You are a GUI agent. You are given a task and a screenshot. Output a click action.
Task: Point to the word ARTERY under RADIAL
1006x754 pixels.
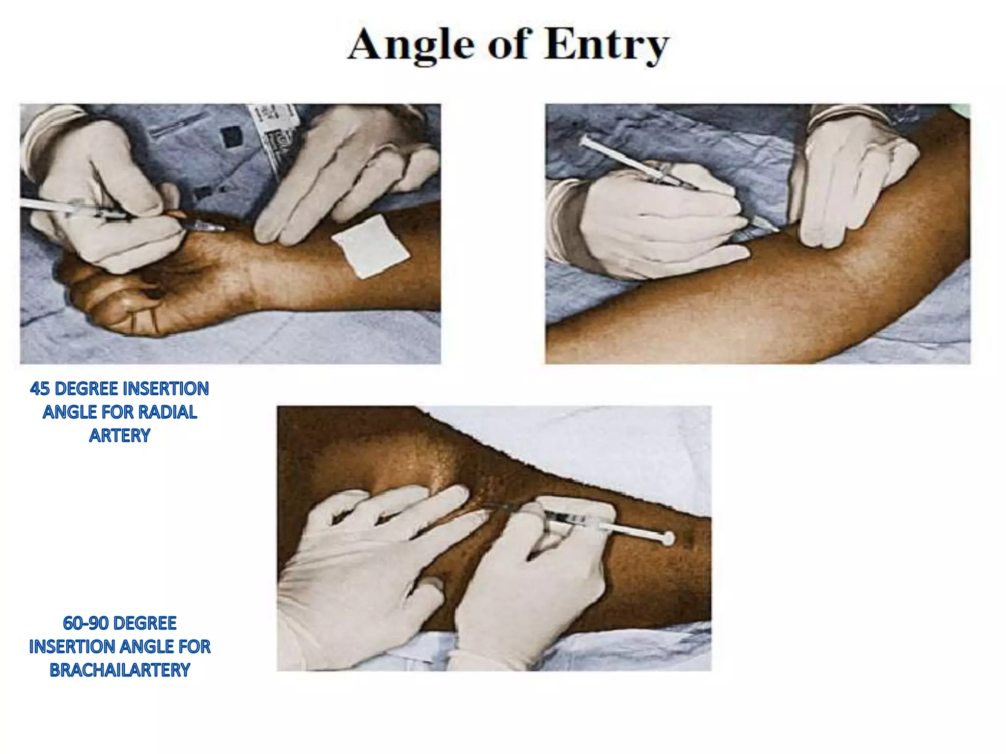click(x=119, y=435)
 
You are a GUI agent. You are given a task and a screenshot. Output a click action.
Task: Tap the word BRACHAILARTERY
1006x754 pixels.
click(x=120, y=670)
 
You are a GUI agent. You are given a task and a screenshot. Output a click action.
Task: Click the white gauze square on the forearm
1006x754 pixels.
click(x=371, y=246)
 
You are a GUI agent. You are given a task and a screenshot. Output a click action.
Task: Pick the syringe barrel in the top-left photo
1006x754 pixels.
click(x=74, y=208)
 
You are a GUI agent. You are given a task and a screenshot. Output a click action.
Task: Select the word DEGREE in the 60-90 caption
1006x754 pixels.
click(x=144, y=623)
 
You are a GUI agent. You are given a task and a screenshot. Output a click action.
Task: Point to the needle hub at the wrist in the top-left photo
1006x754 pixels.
click(x=206, y=226)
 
